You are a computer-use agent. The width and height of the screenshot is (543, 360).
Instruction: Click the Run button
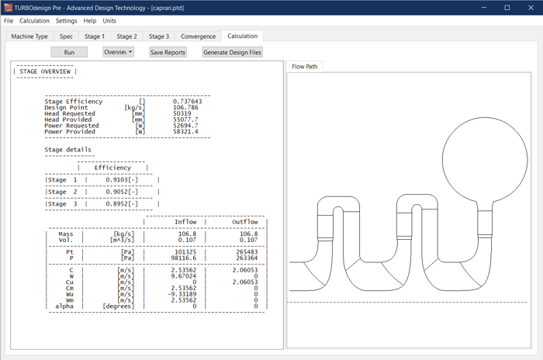tap(69, 52)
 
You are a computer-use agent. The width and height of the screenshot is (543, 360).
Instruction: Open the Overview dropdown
tap(118, 52)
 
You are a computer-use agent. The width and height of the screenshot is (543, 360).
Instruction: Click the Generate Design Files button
tap(233, 52)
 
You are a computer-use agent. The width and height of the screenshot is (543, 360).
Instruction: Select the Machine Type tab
tap(30, 36)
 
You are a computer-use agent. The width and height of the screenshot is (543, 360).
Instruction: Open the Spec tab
tap(66, 36)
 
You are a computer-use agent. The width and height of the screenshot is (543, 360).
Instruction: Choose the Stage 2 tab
tap(126, 36)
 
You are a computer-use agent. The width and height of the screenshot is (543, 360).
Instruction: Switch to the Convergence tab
tap(198, 36)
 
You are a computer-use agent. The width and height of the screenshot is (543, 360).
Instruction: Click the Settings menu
tap(66, 21)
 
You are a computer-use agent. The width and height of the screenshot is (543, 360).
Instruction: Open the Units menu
tap(109, 21)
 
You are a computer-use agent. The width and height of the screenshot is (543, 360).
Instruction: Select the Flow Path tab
tap(303, 67)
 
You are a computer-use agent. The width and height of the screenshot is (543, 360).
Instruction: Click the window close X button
tap(528, 7)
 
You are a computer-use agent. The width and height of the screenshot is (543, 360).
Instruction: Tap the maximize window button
tap(507, 7)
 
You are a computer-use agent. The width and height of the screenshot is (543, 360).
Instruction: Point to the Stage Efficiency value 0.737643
tap(187, 101)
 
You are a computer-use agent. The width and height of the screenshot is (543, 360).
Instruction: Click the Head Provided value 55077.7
tap(185, 119)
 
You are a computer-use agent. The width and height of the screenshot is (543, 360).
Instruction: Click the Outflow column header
tap(245, 222)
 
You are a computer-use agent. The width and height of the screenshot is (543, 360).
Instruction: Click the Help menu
tap(90, 21)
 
